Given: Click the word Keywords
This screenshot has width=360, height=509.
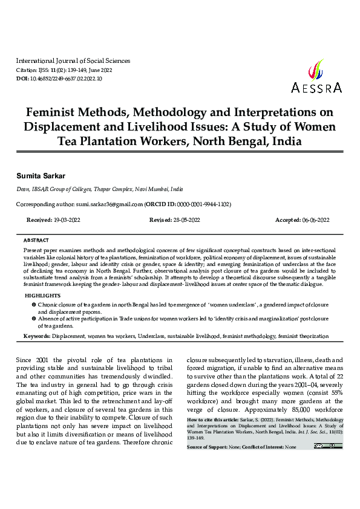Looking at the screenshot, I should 37,335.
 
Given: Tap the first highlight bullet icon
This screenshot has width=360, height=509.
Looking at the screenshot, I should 33,303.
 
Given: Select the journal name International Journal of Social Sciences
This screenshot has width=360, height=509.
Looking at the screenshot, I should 73,61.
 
